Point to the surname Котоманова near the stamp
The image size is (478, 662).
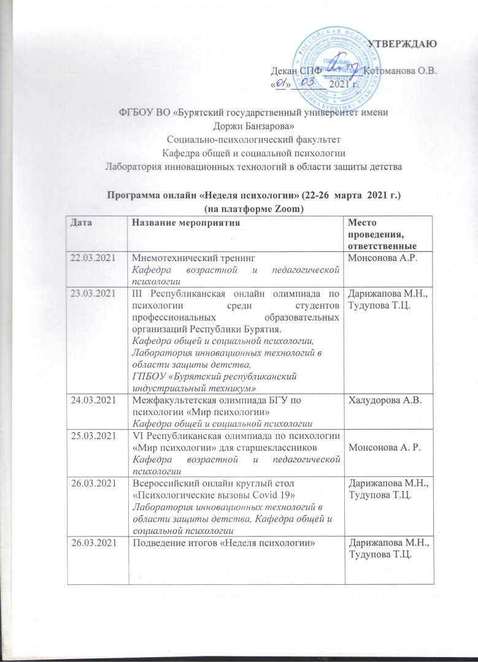(x=388, y=70)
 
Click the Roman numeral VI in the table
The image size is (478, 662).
(x=137, y=436)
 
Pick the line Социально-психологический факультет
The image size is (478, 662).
(x=239, y=139)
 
